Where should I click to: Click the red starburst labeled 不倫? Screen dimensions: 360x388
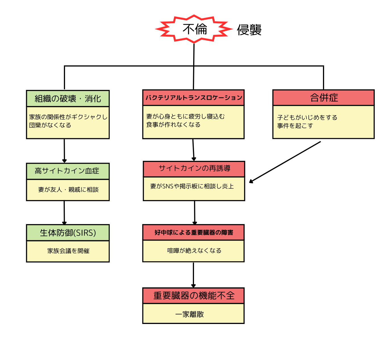pos(194,29)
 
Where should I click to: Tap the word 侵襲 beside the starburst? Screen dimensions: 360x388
pos(249,30)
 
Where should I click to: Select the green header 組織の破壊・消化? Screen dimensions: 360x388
pos(68,98)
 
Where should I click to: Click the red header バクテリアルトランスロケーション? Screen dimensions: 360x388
pos(193,98)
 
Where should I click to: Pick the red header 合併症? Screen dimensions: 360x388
pos(324,98)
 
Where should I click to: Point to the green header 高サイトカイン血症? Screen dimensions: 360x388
pos(68,171)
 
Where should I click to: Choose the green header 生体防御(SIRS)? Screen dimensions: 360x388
pos(68,233)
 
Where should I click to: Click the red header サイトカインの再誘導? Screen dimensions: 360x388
pos(194,169)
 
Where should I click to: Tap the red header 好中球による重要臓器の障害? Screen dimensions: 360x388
pos(193,232)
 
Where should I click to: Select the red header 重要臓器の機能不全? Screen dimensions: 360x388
pos(193,296)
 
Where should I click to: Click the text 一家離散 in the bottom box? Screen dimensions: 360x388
pos(189,314)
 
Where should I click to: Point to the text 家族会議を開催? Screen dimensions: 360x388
pos(68,251)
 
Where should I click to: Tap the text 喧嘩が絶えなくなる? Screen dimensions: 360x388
pos(194,250)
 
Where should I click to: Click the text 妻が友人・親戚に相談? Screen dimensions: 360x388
pos(68,190)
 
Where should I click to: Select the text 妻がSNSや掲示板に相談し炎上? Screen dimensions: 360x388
pos(192,186)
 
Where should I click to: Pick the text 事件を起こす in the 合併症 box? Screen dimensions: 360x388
pos(295,126)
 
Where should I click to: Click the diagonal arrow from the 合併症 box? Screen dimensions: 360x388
pos(285,161)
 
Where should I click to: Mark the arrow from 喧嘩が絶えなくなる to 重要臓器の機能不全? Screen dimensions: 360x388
pos(193,274)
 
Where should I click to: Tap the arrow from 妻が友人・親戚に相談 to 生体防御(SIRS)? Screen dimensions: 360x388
pos(64,212)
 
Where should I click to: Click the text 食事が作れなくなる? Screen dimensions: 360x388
pos(173,125)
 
